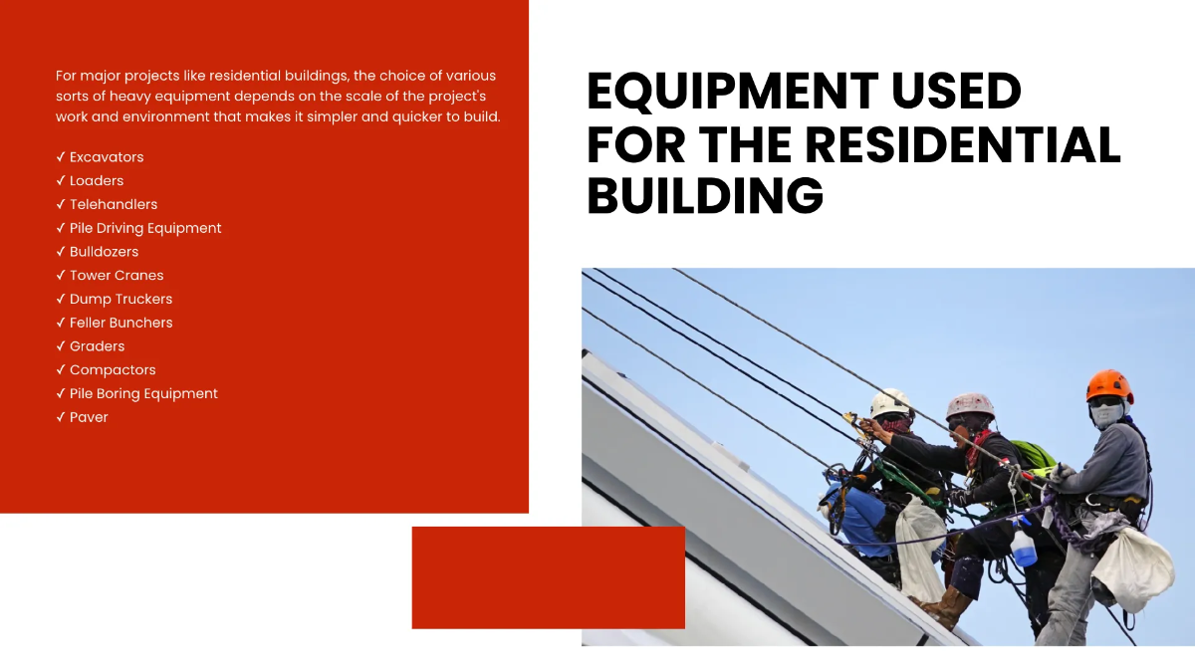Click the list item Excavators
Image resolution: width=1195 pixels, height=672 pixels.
(x=106, y=157)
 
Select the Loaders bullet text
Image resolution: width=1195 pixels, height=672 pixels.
(x=97, y=181)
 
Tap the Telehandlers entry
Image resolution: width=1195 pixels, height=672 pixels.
(x=114, y=204)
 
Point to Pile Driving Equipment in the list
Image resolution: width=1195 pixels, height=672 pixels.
(x=145, y=228)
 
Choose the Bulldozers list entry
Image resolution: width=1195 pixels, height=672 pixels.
(x=104, y=252)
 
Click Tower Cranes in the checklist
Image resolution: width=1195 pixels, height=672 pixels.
(x=117, y=276)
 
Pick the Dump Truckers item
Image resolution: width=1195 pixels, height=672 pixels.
(x=120, y=299)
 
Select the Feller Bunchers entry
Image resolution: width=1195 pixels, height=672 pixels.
(x=120, y=323)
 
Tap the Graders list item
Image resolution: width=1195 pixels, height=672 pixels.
(x=97, y=346)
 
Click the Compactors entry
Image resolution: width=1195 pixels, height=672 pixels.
(x=113, y=370)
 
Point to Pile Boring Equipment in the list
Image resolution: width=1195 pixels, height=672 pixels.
(x=143, y=393)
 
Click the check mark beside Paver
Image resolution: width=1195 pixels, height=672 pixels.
(x=61, y=417)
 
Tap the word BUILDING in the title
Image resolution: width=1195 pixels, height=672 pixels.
(x=705, y=197)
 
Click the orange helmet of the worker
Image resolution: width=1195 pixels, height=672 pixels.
(x=1108, y=385)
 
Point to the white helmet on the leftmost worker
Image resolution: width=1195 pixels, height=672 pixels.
(x=891, y=402)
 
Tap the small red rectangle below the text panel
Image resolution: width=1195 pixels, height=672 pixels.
(x=548, y=577)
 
